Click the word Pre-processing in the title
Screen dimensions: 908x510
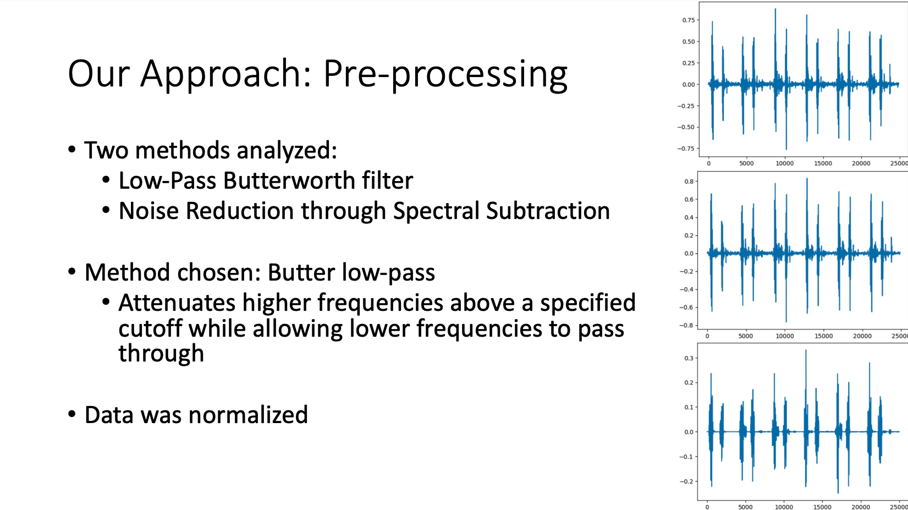[x=445, y=75]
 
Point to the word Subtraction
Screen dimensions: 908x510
[x=548, y=211]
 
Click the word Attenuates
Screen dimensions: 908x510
[x=177, y=303]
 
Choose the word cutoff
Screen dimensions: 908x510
[x=150, y=328]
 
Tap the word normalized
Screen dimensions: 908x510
[x=248, y=415]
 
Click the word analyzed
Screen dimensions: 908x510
[x=287, y=151]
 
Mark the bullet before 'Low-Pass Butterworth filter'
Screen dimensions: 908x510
[x=106, y=180]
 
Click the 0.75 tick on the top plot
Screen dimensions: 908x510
[x=689, y=20]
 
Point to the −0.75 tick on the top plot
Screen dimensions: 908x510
[x=686, y=149]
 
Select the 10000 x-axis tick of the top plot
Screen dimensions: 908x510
[x=784, y=163]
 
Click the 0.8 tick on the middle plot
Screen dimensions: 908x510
[x=689, y=181]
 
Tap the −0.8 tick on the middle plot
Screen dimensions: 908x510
[x=686, y=326]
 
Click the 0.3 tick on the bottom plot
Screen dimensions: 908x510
[x=689, y=358]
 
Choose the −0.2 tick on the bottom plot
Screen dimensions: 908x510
[x=686, y=481]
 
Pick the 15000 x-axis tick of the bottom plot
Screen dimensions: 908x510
[x=822, y=507]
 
